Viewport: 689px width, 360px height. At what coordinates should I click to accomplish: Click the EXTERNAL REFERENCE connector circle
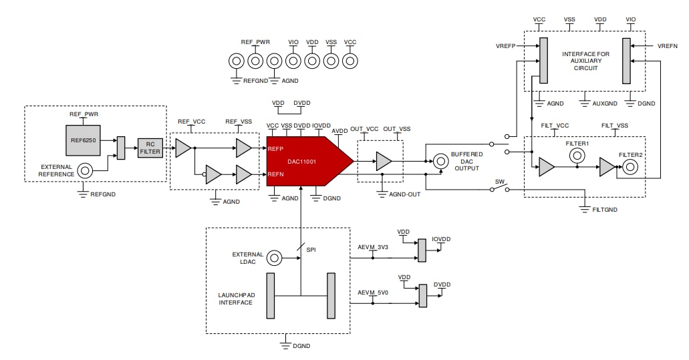click(85, 170)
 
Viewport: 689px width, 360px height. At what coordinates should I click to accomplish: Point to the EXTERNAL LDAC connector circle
click(273, 258)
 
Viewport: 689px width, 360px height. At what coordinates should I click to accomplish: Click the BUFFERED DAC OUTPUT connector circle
click(440, 161)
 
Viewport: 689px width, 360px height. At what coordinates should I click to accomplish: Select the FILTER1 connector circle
click(577, 156)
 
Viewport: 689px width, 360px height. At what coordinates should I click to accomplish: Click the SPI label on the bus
click(311, 249)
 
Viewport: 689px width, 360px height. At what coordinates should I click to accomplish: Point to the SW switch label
click(499, 182)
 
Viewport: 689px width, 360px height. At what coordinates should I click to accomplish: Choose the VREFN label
click(667, 46)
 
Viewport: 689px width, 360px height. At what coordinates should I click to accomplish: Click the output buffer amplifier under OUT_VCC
click(384, 161)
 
